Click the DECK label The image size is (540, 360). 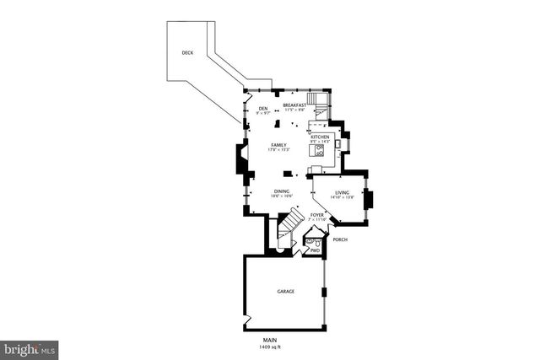tap(186, 53)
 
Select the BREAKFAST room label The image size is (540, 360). tap(294, 105)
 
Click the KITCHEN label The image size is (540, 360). tap(320, 137)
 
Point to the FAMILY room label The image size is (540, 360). tap(278, 145)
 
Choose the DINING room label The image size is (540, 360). tap(281, 191)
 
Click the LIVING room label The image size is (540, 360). tap(342, 193)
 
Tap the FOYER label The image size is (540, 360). tap(316, 215)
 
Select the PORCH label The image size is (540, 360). tap(341, 239)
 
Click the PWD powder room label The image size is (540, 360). tap(315, 250)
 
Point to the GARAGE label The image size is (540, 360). tap(286, 291)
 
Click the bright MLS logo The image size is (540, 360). tap(30, 347)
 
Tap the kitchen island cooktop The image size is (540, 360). tap(320, 152)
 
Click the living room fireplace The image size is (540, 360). tap(369, 200)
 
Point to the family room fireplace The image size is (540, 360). tap(242, 159)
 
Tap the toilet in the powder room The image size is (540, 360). tap(310, 241)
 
